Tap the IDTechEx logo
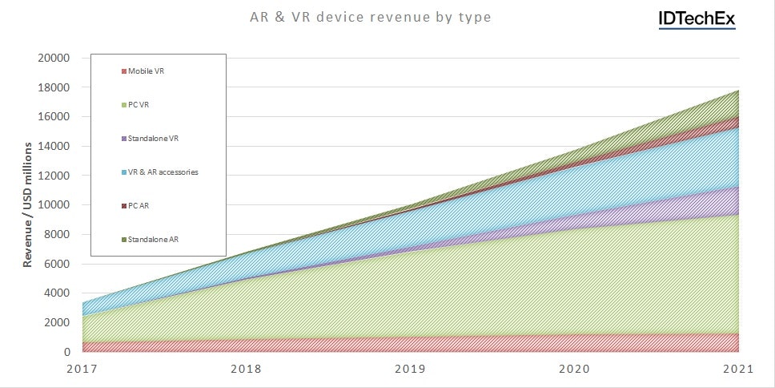[697, 19]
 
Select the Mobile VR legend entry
[147, 71]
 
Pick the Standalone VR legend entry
[152, 139]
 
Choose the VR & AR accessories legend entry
[163, 172]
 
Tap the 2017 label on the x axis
[83, 369]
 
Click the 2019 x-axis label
[412, 369]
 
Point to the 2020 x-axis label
[575, 369]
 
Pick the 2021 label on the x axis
[737, 369]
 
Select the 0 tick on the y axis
[67, 352]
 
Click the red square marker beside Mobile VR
[123, 71]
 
